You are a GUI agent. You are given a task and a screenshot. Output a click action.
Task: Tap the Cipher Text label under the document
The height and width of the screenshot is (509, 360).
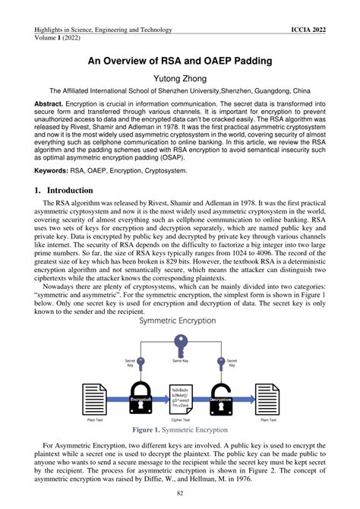(180, 419)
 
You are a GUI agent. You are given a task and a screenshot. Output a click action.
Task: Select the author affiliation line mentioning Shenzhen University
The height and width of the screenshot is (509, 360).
(180, 88)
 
